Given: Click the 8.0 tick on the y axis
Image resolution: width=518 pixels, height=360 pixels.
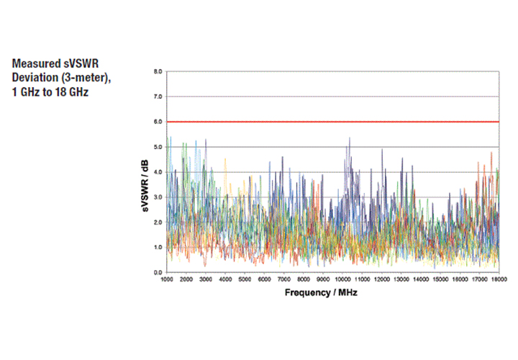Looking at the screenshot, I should [x=158, y=72].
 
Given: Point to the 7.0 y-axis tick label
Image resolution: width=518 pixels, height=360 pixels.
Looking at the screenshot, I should [x=158, y=96].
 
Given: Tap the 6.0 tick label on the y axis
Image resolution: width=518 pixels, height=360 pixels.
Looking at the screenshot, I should [x=158, y=122].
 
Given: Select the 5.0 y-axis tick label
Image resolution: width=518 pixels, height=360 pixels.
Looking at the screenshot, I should [x=158, y=147].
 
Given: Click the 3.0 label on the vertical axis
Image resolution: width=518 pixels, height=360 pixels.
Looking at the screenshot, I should [x=158, y=197].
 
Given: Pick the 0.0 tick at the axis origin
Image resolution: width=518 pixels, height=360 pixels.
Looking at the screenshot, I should [x=158, y=272].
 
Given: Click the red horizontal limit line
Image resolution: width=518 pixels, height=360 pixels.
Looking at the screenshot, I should [x=331, y=122].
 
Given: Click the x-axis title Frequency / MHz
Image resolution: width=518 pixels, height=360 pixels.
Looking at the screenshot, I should [x=321, y=293].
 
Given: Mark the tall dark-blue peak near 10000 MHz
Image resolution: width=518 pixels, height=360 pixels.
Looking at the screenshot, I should [x=350, y=139].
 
